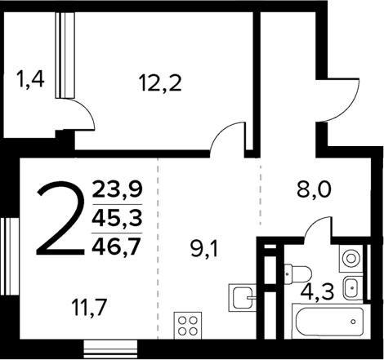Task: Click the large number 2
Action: coord(62,219)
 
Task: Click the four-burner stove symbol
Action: coord(188,326)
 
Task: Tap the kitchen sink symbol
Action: coord(242,296)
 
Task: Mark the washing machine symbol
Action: coord(351,259)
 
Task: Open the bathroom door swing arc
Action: coord(319,230)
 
